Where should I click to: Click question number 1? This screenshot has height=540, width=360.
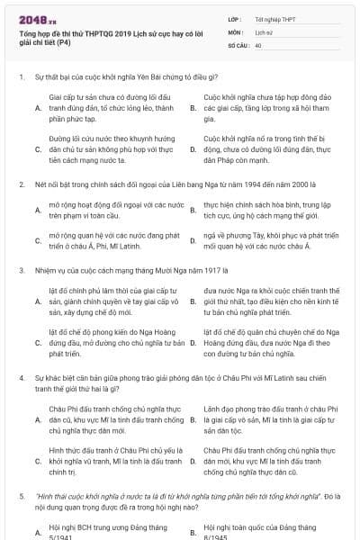21,77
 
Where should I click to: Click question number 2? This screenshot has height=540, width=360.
21,184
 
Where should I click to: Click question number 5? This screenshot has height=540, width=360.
21,496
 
